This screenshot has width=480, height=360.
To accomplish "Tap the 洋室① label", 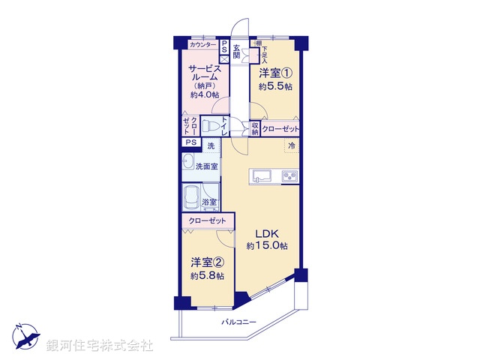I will (275, 73).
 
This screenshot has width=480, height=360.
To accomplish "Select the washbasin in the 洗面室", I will (187, 166).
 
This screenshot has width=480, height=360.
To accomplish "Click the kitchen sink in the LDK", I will (262, 176).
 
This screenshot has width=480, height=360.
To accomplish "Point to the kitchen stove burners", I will (289, 176).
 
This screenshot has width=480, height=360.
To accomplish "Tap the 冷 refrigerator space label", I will (291, 145).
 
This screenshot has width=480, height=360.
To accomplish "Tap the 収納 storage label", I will (255, 128).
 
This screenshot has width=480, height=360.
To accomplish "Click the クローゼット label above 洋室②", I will (205, 221).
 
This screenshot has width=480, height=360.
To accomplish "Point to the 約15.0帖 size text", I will (268, 247).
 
